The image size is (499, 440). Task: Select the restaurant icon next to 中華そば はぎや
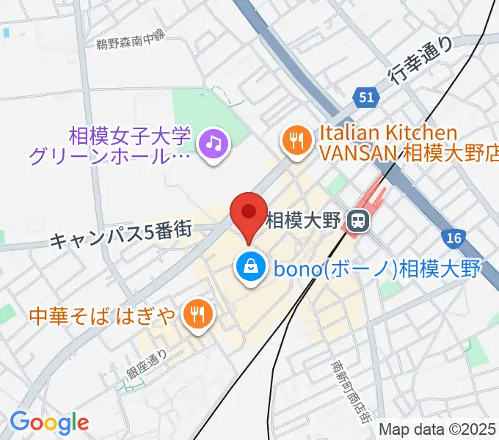coord(197,315)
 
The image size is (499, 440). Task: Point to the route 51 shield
coord(366,97)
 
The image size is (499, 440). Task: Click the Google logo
coord(49,422)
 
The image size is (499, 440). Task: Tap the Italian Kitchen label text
coord(387,134)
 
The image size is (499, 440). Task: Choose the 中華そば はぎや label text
coord(102,315)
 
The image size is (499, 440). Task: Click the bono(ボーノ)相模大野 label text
coord(376,268)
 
